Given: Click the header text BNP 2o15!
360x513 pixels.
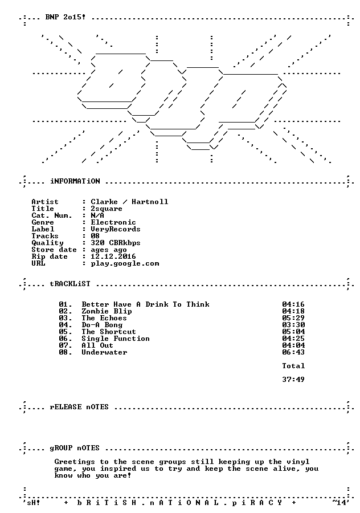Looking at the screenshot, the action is tap(66, 17).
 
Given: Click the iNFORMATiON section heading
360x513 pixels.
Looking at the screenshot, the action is tap(75, 181).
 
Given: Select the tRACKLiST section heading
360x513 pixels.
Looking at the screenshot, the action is tap(70, 284).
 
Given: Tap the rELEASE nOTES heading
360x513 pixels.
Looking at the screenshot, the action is tap(79, 407).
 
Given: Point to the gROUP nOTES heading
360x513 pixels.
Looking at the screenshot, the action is tap(75, 448).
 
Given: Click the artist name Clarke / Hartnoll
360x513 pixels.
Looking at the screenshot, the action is tap(129, 202).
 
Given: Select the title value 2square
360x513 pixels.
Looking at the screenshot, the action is tap(107, 209).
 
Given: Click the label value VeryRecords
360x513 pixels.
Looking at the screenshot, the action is tap(116, 229).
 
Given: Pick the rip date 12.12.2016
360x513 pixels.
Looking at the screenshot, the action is tap(113, 256).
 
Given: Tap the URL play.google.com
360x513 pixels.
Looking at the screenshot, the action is tap(125, 264).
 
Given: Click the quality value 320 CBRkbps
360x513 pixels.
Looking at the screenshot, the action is tap(116, 243).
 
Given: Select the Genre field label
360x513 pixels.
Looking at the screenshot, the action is tap(43, 222).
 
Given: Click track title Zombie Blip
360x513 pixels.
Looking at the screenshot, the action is tap(107, 311).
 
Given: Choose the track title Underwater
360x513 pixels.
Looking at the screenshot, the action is tap(105, 352).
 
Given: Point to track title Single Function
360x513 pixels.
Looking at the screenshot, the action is tap(116, 339).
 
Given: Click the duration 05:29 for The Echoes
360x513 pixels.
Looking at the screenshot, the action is tap(293, 318).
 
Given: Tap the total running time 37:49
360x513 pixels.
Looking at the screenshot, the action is tap(293, 380).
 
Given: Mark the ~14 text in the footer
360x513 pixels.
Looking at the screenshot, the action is tap(339, 502).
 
